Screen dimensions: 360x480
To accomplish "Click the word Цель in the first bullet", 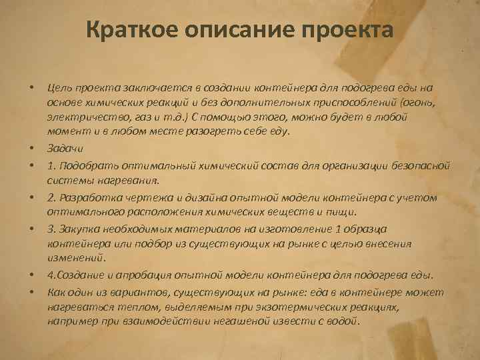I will click(59, 87).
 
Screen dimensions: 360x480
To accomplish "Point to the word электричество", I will click(80, 116).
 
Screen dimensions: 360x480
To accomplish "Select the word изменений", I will click(72, 257).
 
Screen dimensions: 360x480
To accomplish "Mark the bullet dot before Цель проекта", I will click(31, 88).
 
